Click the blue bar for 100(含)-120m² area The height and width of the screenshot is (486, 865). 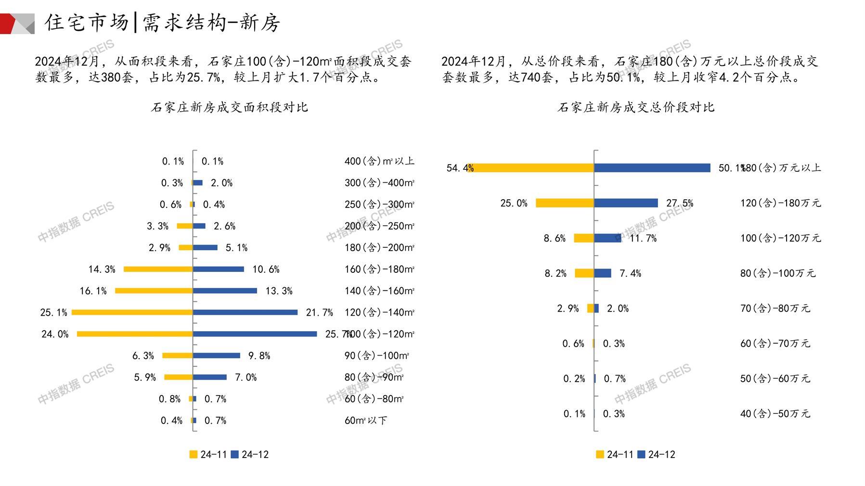[x=255, y=334]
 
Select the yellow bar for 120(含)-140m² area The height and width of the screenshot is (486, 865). [x=132, y=312]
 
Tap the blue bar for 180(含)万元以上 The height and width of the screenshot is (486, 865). [x=652, y=168]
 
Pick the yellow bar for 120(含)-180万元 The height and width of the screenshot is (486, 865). [x=565, y=203]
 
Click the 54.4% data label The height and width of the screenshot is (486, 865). [x=460, y=168]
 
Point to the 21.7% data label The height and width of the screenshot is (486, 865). [x=319, y=313]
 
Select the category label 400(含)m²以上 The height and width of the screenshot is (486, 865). [x=379, y=161]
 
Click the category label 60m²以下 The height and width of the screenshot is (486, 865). [x=366, y=421]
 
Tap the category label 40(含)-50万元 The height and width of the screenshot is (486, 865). [x=775, y=414]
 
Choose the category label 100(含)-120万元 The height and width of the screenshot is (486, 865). [x=780, y=238]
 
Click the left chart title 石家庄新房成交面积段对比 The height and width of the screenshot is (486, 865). [x=229, y=107]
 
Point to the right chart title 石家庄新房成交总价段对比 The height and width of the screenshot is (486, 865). [x=636, y=107]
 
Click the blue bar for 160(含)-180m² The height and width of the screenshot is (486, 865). [x=219, y=269]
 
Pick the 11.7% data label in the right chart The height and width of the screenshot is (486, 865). [x=643, y=238]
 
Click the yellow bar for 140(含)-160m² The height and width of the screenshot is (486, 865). [x=154, y=291]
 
